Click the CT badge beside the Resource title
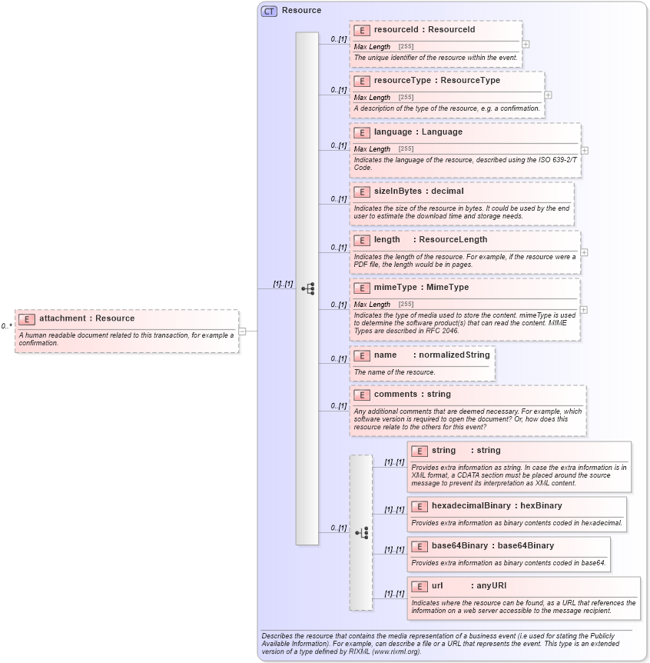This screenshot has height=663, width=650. point(269,11)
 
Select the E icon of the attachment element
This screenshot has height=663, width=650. point(26,319)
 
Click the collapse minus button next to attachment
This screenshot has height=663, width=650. point(242,331)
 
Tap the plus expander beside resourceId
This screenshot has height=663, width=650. point(526,45)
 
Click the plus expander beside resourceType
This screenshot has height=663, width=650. point(548,95)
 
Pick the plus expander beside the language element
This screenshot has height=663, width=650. point(585,151)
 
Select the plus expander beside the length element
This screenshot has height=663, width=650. point(585,252)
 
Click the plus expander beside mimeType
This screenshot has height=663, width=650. point(583,309)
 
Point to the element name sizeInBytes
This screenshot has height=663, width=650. point(397,191)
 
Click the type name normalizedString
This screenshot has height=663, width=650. point(453,355)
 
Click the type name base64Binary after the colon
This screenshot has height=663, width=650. point(526,545)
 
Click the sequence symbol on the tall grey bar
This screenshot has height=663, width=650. point(307,288)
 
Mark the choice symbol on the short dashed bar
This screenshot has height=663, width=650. point(361,532)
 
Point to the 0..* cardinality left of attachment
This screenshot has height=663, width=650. point(6,326)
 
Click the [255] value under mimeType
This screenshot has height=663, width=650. point(406,305)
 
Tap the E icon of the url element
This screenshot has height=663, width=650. point(420,586)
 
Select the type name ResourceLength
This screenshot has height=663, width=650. point(453,239)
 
